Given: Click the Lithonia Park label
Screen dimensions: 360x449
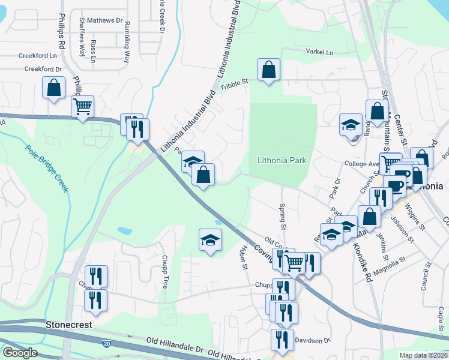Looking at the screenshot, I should [282, 161].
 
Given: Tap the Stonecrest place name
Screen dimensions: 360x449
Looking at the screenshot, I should [69, 325].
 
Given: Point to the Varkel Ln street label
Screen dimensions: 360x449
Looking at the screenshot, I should [319, 52].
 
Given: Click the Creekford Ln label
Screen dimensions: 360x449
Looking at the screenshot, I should [37, 55].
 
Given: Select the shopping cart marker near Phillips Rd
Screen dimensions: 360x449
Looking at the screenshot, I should [82, 107].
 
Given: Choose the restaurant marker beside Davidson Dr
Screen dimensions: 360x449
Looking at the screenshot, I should [282, 339].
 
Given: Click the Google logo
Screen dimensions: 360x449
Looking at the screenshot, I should [19, 353].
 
